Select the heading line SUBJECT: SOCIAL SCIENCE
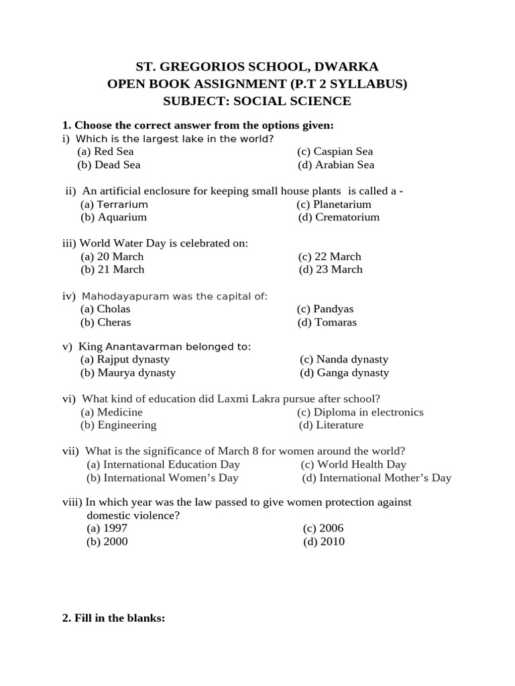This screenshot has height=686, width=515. [257, 101]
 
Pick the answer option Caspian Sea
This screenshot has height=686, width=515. [335, 151]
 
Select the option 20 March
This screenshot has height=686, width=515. [112, 257]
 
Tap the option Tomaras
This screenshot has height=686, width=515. [328, 322]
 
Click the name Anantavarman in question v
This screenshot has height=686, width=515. [137, 347]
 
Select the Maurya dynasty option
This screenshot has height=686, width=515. [128, 373]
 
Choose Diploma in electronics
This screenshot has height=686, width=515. [361, 412]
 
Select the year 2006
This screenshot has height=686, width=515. [323, 529]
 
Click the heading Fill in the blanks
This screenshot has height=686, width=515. [113, 619]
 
